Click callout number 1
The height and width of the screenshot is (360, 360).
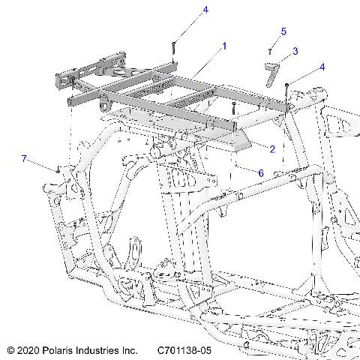pos(223,46)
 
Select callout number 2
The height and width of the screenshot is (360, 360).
pos(272,149)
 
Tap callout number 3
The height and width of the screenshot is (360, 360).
pos(295,51)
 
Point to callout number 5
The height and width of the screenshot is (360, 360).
pos(283,31)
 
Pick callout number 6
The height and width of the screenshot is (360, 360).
pos(260,172)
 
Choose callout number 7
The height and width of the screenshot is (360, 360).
pos(23,159)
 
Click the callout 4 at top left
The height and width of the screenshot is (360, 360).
pos(184,10)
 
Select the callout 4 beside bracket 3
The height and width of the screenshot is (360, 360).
pos(322,67)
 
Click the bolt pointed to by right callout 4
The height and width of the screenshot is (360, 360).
pos(287,85)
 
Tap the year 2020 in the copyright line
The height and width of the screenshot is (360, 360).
pos(28,350)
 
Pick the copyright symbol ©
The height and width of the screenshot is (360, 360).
pos(10,350)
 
